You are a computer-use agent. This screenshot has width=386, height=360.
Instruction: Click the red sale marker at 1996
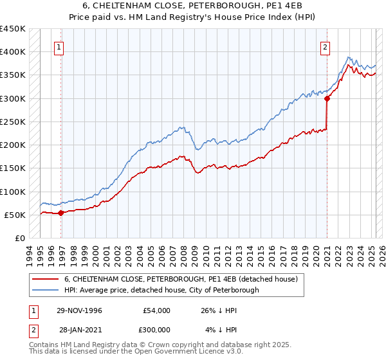61,213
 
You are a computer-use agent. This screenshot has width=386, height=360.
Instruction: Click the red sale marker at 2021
327,98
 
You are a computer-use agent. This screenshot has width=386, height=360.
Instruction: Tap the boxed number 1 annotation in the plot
59,46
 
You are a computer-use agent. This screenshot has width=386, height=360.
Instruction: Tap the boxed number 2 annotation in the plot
326,46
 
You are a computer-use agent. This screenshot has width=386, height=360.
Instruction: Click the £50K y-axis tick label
15,215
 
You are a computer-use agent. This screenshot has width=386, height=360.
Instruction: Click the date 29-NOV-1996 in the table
79,310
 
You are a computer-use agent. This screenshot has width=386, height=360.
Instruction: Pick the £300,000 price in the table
156,330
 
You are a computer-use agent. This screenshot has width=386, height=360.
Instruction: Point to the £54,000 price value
156,310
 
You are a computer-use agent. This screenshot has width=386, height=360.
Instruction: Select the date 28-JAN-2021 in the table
79,330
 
